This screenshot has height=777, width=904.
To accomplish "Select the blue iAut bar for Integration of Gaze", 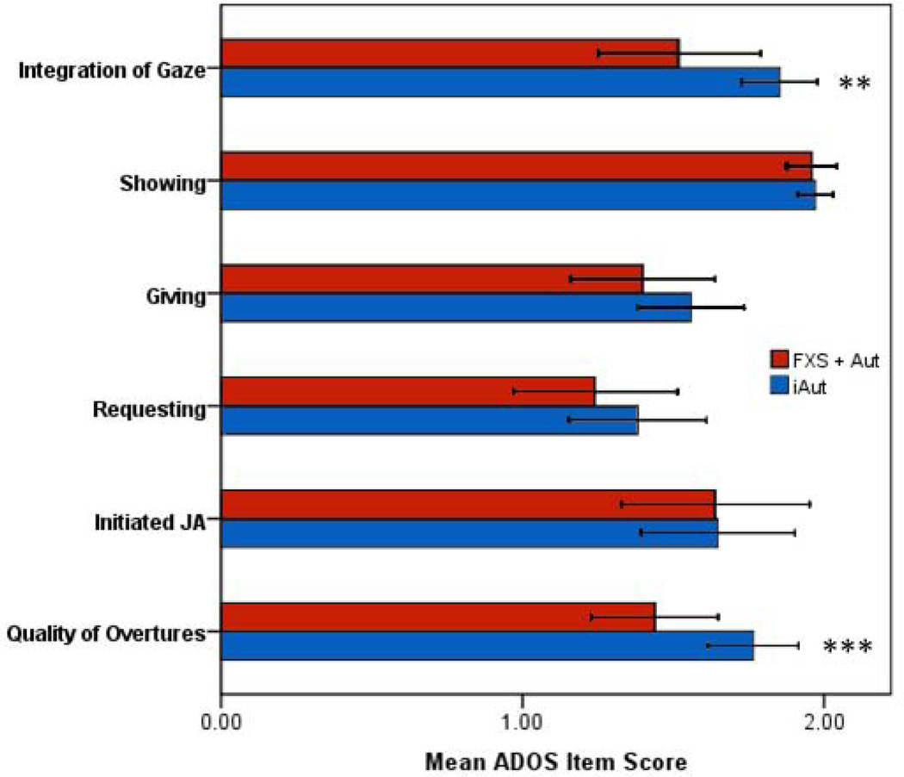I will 499,82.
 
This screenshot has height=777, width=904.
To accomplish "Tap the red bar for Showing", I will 517,165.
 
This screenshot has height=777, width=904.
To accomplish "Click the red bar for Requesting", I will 407,391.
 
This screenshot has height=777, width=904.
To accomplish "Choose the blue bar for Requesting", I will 429,420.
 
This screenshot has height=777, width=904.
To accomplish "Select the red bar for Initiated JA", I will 467,504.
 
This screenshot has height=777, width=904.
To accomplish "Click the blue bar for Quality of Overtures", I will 486,645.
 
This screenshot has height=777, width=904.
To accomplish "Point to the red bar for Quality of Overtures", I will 437,617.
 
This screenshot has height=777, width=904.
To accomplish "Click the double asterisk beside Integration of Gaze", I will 856,84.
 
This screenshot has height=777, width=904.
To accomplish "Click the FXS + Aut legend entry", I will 824,358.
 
